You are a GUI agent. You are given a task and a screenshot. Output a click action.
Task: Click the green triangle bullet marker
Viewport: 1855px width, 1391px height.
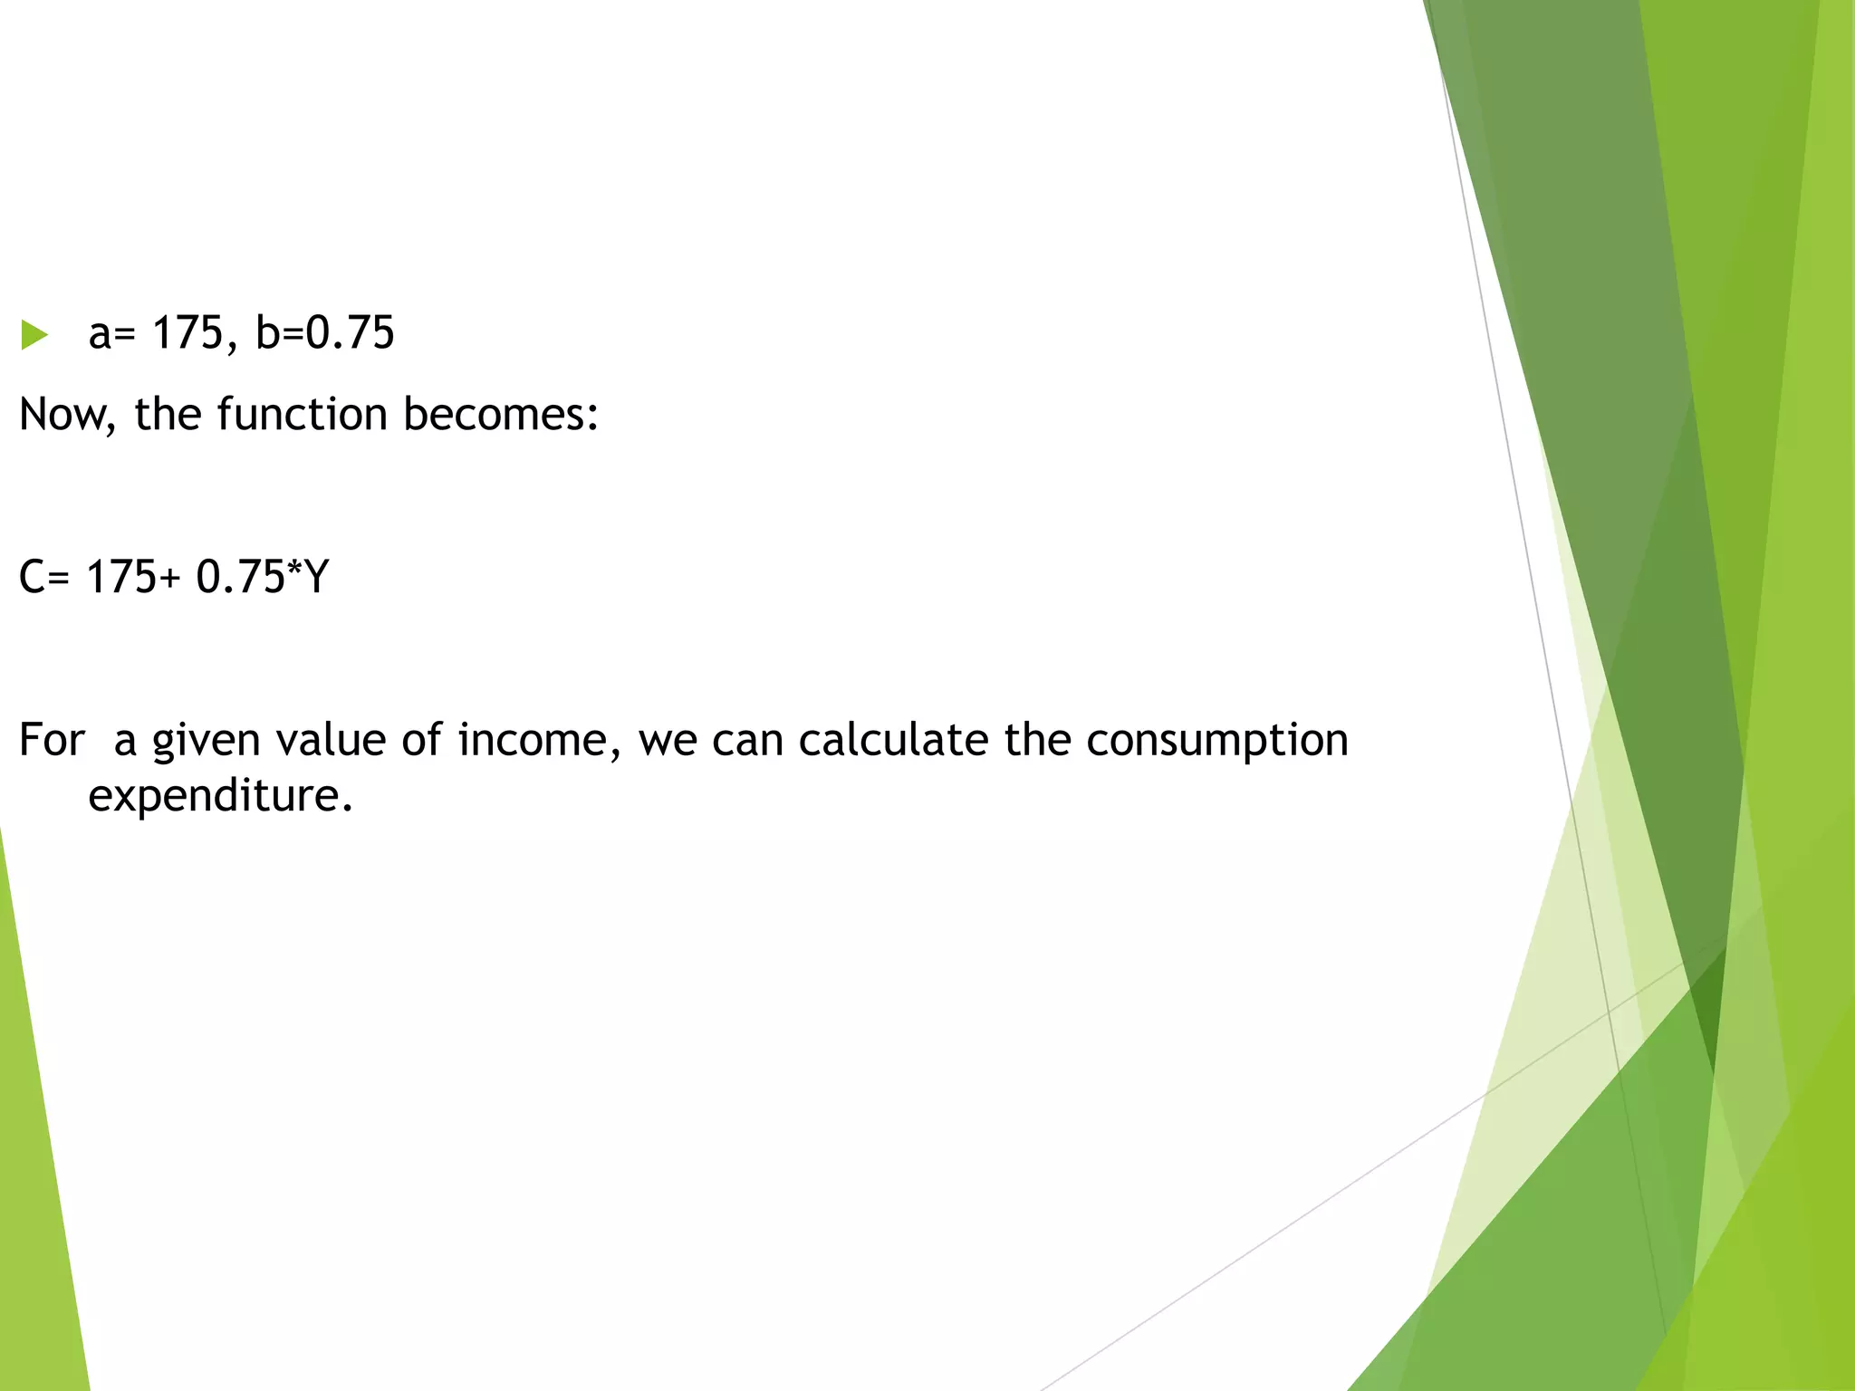tap(34, 335)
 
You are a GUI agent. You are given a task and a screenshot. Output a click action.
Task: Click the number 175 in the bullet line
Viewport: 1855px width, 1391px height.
tap(187, 332)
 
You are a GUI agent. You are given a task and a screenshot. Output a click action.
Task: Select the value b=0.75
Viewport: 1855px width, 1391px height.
tap(325, 332)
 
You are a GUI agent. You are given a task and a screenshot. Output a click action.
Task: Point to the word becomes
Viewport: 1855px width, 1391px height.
tap(500, 414)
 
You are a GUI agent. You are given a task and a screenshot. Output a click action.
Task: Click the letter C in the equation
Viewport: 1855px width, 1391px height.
tap(33, 577)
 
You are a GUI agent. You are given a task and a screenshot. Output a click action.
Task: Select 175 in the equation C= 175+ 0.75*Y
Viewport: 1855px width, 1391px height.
tap(122, 577)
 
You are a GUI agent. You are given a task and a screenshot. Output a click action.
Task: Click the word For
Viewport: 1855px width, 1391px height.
tap(52, 740)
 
